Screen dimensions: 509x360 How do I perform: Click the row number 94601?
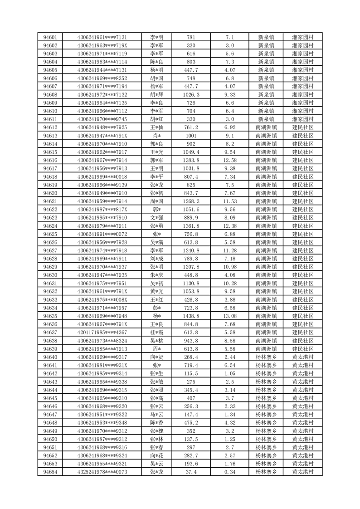[x=50, y=37]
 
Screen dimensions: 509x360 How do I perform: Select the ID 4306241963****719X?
[x=102, y=45]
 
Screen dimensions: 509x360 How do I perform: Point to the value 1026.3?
[x=191, y=94]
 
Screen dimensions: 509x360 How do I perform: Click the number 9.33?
[x=229, y=94]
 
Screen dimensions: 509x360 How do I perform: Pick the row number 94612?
[x=50, y=127]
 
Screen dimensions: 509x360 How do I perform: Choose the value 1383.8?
[x=191, y=160]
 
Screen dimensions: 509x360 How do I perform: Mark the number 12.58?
[x=229, y=160]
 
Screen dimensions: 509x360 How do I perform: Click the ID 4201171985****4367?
[x=102, y=332]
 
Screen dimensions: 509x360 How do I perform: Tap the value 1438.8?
[x=191, y=316]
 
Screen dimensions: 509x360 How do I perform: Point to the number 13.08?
[x=229, y=316]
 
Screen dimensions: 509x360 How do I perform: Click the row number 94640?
[x=50, y=357]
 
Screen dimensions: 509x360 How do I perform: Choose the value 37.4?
[x=191, y=472]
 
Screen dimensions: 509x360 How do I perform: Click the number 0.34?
[x=229, y=472]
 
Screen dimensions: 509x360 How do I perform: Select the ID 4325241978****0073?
[x=102, y=472]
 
